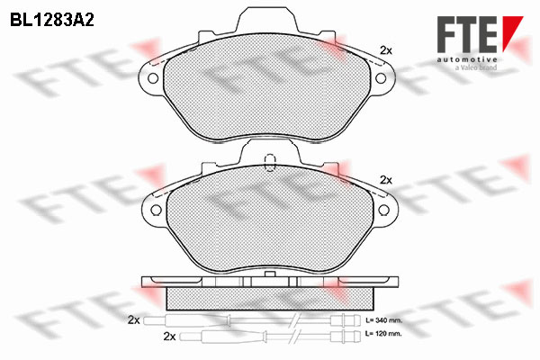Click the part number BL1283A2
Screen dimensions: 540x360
coord(52,21)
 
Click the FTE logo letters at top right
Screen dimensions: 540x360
coord(467,34)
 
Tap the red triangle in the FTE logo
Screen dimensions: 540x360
coord(512,33)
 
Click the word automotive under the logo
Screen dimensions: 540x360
coord(467,59)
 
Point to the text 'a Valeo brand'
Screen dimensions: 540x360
coord(476,67)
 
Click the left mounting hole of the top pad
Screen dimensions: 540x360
coord(153,78)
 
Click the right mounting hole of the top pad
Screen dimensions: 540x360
coord(380,78)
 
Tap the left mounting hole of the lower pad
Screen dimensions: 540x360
coord(156,210)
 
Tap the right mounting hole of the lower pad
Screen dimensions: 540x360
coord(383,210)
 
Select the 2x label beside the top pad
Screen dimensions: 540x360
coord(386,50)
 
